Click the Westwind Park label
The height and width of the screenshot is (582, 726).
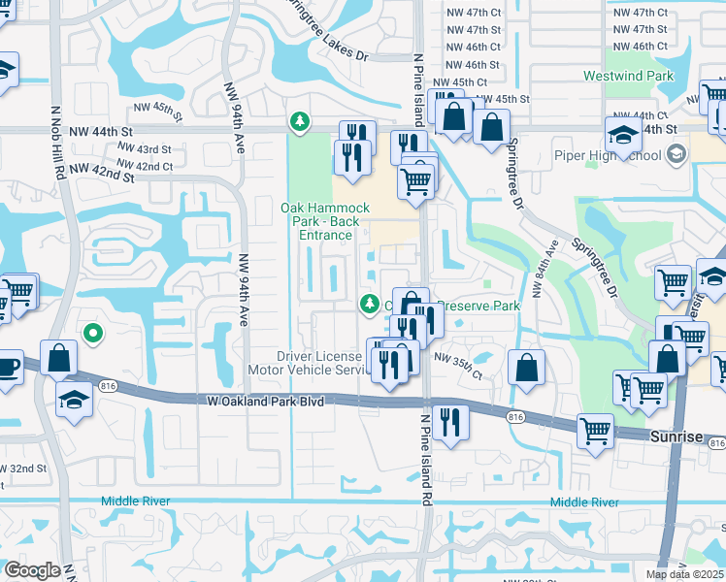coord(627,76)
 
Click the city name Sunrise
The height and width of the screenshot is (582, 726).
coord(676,437)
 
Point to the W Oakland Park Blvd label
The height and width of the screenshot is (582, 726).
coord(265,400)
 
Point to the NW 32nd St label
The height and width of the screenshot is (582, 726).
coord(22,469)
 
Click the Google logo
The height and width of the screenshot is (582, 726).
coord(31,570)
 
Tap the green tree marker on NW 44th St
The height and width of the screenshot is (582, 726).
coord(300,121)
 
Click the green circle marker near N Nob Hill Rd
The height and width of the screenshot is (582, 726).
coord(92,334)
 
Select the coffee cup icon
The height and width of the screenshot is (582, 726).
coord(7,368)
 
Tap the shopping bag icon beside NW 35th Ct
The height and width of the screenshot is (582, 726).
coord(526,368)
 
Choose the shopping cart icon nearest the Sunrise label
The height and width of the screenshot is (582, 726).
coord(595,430)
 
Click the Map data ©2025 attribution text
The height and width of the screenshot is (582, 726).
coord(685,574)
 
